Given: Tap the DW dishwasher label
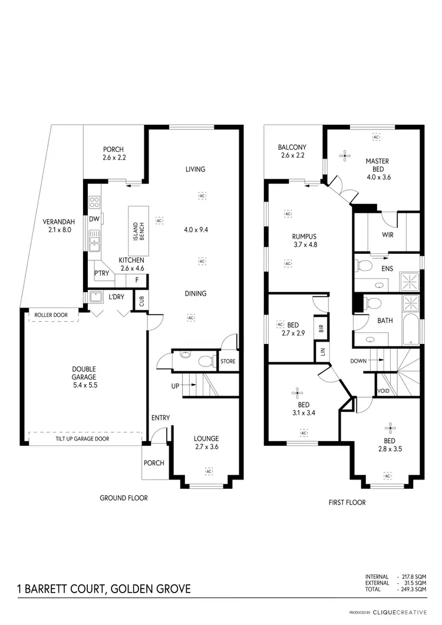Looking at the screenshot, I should [x=94, y=219].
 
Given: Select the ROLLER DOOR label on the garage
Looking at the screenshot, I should [x=56, y=315].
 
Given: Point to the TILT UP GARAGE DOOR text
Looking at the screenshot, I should [x=83, y=439].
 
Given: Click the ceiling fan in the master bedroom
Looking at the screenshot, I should [x=345, y=156].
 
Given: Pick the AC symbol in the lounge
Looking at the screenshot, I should [x=209, y=471].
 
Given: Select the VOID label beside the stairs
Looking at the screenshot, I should [x=383, y=391].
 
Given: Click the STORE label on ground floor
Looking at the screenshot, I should [x=228, y=361].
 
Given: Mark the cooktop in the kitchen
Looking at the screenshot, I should [x=94, y=203].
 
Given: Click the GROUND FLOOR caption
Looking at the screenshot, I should [x=123, y=498].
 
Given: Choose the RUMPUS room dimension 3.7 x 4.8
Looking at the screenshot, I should [x=305, y=244].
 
